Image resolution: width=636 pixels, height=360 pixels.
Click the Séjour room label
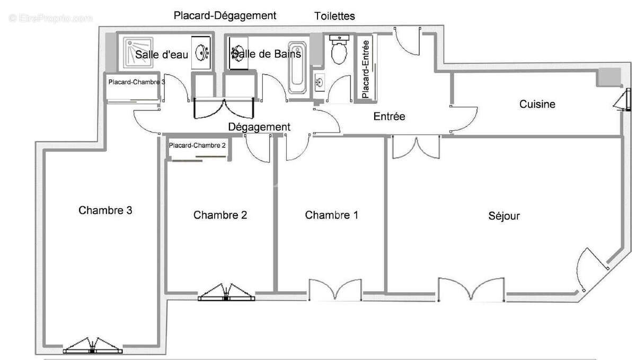(x=504, y=216)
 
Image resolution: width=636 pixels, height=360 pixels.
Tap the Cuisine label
(x=537, y=104)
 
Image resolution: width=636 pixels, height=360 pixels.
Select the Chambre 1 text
(x=331, y=215)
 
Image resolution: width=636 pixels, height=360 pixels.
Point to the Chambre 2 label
(x=220, y=215)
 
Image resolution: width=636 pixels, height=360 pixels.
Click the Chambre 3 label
(x=105, y=210)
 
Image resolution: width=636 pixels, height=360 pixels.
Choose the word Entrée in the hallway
(x=389, y=116)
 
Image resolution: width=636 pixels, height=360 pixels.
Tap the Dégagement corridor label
(x=259, y=127)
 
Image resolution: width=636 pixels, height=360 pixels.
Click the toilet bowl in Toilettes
(x=338, y=51)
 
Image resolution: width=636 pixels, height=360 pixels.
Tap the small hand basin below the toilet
(x=320, y=82)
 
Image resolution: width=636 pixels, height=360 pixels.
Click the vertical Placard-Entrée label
(x=365, y=67)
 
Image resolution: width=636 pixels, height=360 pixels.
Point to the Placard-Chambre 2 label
(x=197, y=145)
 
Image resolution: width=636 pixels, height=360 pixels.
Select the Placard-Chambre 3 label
(x=136, y=82)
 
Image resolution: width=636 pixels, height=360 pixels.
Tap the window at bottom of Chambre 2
(x=226, y=294)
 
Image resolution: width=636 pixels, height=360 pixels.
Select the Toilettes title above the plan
(x=334, y=16)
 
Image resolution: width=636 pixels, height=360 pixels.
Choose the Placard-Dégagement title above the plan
(x=225, y=15)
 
